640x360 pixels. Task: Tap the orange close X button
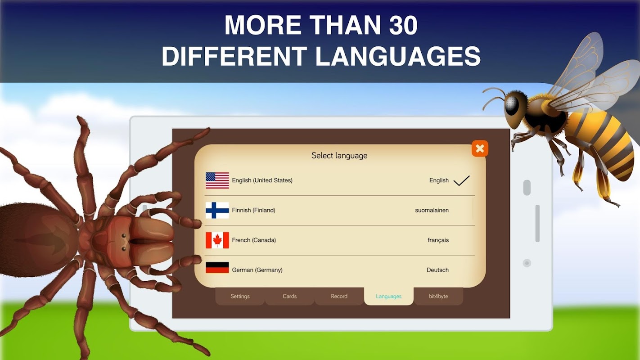click(480, 148)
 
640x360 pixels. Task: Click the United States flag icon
click(217, 180)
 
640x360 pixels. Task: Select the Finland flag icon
click(217, 210)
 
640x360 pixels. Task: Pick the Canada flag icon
click(217, 240)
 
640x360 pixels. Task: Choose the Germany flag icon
click(217, 268)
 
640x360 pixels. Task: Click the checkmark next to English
click(461, 180)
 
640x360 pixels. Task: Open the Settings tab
click(240, 296)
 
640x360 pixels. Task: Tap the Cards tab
click(289, 296)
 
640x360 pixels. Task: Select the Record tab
click(339, 296)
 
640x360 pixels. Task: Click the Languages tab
click(388, 296)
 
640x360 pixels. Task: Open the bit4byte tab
click(438, 296)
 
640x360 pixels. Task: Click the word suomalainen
click(432, 210)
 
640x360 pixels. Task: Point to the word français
click(438, 240)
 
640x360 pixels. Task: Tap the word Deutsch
click(437, 270)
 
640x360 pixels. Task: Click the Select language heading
click(339, 156)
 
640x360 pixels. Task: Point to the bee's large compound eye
click(512, 104)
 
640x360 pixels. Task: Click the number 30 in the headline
click(403, 25)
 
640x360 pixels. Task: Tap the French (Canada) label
click(254, 240)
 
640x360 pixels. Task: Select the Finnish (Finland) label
click(253, 210)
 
